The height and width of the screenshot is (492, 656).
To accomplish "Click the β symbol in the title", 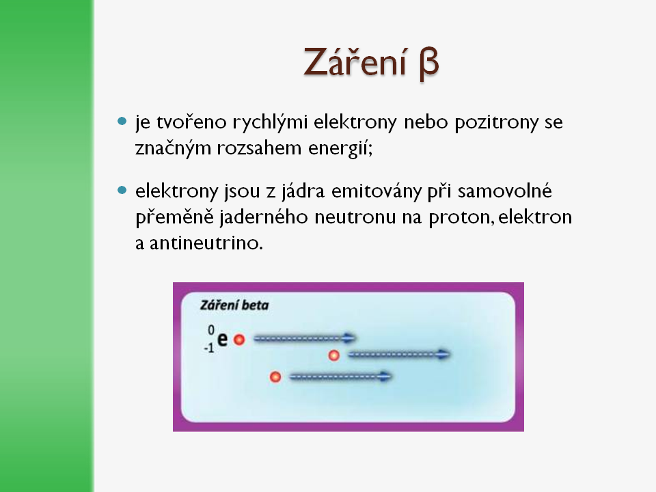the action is [x=429, y=64].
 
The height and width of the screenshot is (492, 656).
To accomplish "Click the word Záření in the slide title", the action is [x=355, y=61].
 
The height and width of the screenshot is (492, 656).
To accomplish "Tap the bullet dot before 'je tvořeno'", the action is [x=122, y=122].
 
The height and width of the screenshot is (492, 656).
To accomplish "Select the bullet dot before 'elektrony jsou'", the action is [x=122, y=191].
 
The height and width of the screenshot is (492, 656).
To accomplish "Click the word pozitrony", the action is [x=497, y=122].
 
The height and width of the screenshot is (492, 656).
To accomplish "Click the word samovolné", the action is [x=505, y=191].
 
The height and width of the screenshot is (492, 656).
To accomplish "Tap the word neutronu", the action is [x=355, y=217].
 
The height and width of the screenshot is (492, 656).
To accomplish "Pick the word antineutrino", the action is [x=206, y=243].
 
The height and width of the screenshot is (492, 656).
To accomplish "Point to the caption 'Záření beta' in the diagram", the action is [x=234, y=305].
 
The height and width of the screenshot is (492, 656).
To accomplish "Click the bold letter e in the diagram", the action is [x=223, y=339].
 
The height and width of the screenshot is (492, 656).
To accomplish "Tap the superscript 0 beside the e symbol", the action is [x=211, y=330].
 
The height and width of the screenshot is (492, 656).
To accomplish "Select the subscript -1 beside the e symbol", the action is [x=209, y=348].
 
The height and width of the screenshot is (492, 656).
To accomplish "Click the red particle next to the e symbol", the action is [x=239, y=340].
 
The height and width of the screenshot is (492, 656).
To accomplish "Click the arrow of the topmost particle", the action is [x=305, y=338].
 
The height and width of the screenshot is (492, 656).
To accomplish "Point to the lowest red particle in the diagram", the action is [x=275, y=377].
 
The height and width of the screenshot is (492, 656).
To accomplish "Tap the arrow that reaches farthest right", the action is [x=399, y=355].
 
